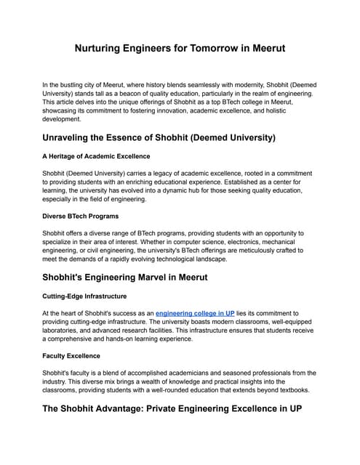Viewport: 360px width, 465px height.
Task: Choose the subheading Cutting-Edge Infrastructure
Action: tap(85, 296)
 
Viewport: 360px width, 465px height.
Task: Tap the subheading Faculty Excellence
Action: tap(73, 357)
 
